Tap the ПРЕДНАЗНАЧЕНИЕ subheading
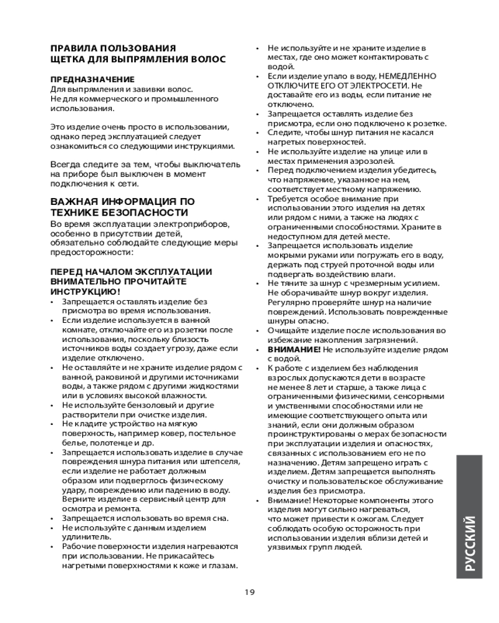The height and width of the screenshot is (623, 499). (x=92, y=79)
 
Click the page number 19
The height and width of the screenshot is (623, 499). (x=249, y=592)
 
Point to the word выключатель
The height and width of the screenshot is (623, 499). (x=212, y=164)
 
